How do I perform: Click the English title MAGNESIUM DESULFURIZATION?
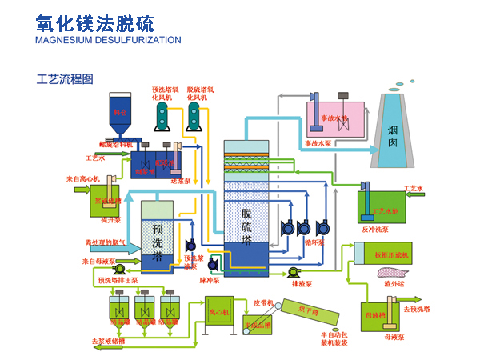(108, 40)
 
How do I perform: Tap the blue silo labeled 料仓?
(121, 112)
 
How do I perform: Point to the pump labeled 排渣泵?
(294, 271)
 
